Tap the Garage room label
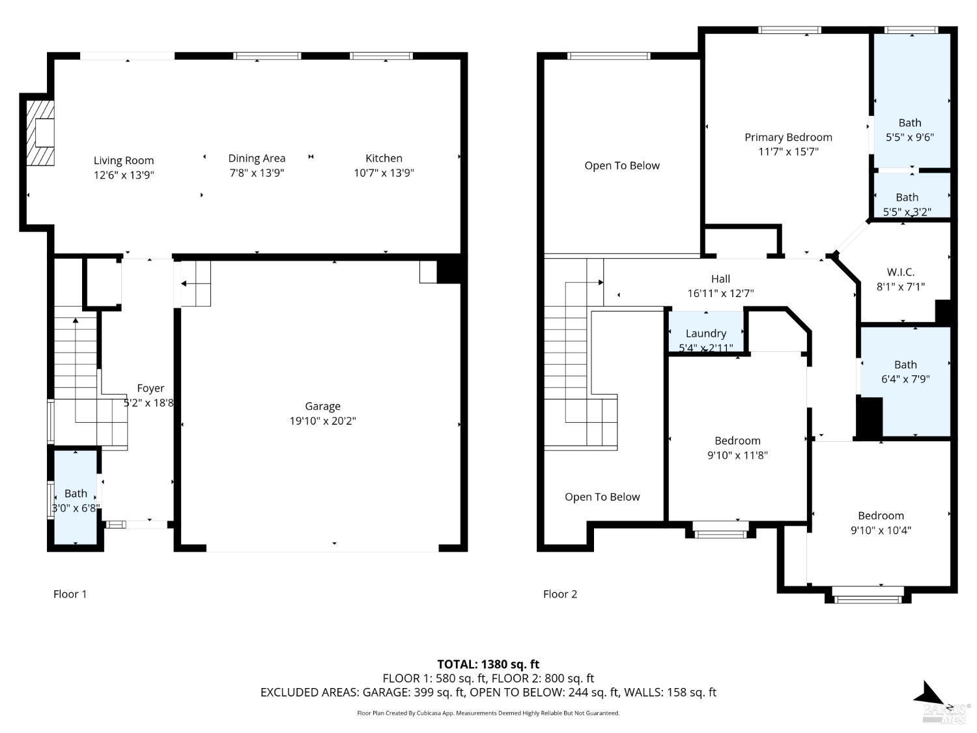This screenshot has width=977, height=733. coord(322,407)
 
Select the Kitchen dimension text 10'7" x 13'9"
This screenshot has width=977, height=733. coord(384,173)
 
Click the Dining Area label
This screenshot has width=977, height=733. coord(257,158)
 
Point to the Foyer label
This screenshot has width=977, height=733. coord(150,388)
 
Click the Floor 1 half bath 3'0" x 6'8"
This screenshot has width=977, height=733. coord(76,500)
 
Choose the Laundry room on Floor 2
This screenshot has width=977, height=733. coord(705,334)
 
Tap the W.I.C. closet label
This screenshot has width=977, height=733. coord(901,272)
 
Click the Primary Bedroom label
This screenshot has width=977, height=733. coord(788,137)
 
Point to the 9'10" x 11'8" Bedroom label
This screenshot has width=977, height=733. coord(737,441)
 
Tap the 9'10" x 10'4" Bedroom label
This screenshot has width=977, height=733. coord(881,516)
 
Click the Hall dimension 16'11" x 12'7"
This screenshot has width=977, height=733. coord(720,293)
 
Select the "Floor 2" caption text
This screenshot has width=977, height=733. coord(560,594)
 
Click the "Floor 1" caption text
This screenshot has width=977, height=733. coord(70,594)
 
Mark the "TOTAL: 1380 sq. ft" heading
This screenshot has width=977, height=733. coord(488,665)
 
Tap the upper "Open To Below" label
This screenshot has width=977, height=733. coord(622,166)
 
